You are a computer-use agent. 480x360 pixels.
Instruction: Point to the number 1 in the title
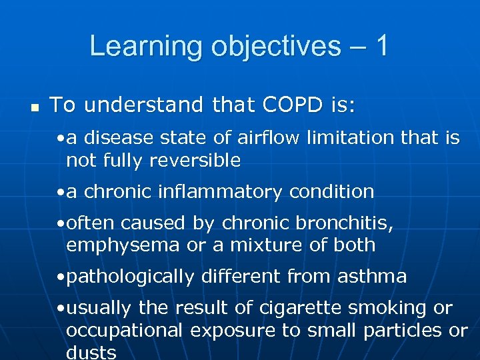tap(381, 46)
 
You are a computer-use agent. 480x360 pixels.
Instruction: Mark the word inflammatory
tap(218, 192)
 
